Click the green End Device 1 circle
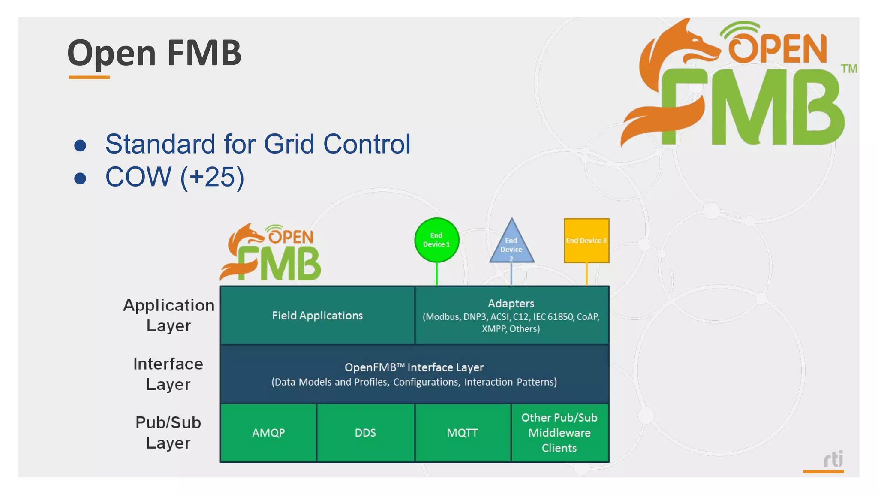point(436,240)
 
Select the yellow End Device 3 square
point(586,241)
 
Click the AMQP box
point(268,433)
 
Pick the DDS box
point(365,433)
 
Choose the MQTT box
point(462,433)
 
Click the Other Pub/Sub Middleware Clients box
point(559,433)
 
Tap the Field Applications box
point(317,316)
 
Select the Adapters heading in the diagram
point(511,304)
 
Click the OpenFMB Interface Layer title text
point(414,367)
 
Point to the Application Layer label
point(168,315)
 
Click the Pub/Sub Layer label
point(168,432)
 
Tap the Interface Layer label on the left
point(168,374)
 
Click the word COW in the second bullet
point(138,177)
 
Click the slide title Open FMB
point(154,53)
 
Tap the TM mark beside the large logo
point(849,69)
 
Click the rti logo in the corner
point(833,460)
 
